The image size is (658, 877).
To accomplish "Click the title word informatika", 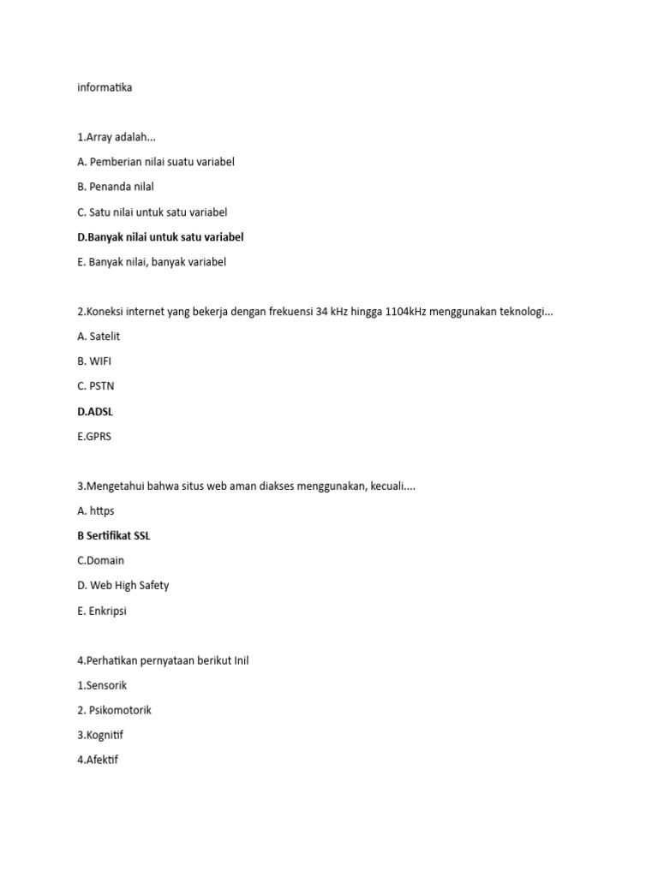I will (x=105, y=87).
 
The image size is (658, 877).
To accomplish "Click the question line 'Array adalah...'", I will (x=117, y=137).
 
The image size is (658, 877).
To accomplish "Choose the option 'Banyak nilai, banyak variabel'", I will (x=152, y=262).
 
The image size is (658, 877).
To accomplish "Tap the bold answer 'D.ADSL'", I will (x=95, y=412).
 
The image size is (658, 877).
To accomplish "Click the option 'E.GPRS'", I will (x=94, y=437).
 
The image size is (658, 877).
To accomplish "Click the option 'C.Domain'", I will (x=100, y=561).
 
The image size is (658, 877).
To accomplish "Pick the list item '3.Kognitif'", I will (x=100, y=735).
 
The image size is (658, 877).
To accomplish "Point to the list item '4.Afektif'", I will (x=98, y=760).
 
